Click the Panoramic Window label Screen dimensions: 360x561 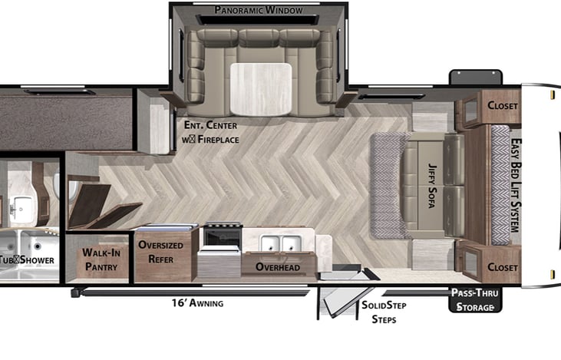point(258,11)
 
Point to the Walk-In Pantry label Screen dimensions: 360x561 point(101,258)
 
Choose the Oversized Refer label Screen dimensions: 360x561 point(160,252)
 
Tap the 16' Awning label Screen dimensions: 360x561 point(197,303)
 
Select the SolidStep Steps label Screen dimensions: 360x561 point(384,312)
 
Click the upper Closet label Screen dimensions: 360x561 point(503,105)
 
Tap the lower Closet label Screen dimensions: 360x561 point(503,266)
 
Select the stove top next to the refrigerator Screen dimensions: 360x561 point(222,235)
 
